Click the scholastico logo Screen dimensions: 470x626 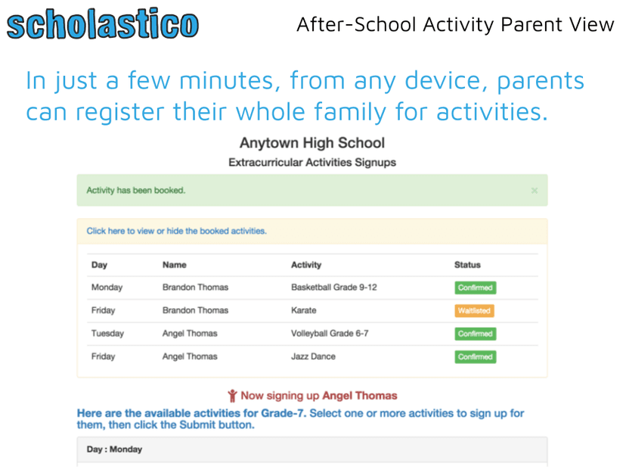tap(103, 24)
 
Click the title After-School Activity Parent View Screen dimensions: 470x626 tap(455, 24)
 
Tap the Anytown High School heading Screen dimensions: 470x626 tap(311, 143)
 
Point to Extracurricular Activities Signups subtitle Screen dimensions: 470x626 tap(311, 162)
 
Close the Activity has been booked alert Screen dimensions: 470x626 tap(534, 191)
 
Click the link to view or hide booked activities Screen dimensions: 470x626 tap(176, 231)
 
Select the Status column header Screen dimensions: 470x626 tap(467, 265)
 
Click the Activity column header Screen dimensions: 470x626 tap(306, 265)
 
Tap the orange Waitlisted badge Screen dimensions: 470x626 tap(474, 310)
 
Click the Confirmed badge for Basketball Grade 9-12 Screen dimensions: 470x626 tap(475, 288)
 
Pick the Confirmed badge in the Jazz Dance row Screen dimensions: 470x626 tap(475, 356)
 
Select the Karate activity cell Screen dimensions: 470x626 tap(304, 310)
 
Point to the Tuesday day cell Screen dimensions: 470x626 tap(107, 333)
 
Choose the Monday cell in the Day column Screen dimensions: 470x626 tap(107, 288)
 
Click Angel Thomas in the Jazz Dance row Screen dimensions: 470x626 tap(190, 356)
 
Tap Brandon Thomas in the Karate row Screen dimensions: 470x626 tap(195, 310)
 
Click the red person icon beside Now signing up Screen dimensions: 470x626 tap(232, 396)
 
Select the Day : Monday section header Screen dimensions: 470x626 tap(114, 449)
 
